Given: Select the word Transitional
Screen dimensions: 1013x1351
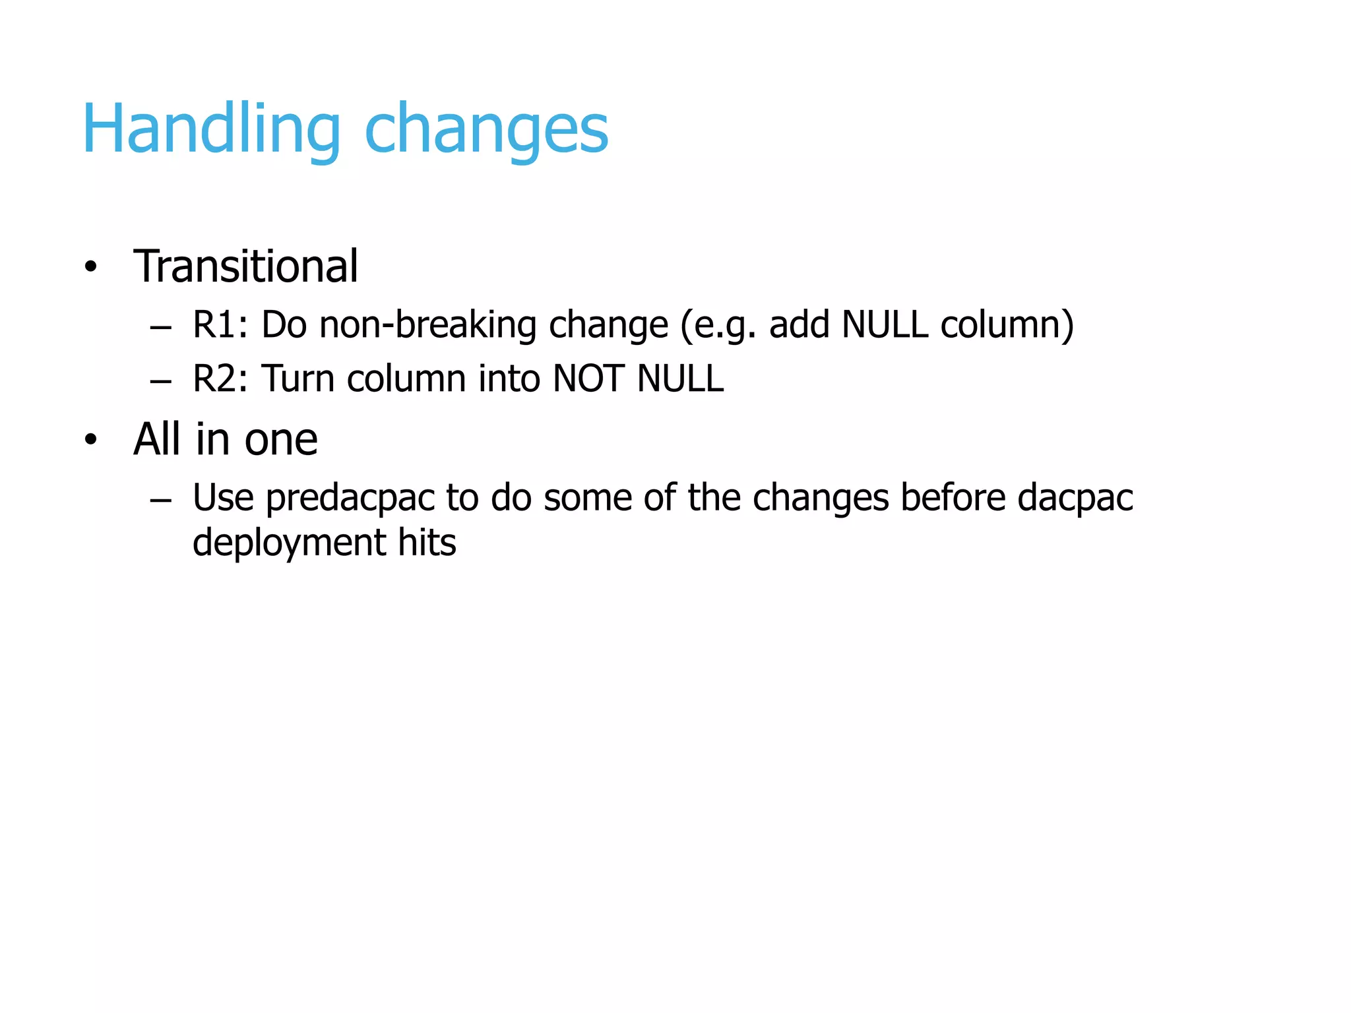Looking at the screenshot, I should pos(245,266).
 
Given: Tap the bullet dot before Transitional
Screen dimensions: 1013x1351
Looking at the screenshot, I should pos(90,267).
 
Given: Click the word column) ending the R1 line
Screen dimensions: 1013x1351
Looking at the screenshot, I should pos(1007,324).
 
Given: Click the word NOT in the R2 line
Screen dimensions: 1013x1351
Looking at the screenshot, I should pos(588,379).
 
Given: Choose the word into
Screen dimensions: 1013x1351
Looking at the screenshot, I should pos(509,379).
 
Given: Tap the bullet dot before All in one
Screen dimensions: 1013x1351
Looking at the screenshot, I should pos(90,439).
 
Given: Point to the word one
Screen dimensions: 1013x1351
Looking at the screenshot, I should pos(281,441).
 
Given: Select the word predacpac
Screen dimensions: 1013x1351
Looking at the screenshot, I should pos(350,499).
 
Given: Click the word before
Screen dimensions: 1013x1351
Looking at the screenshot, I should pos(953,497).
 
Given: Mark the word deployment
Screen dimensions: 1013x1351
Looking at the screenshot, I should pos(289,543).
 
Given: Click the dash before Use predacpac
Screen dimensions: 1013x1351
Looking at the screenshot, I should pos(160,501).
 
